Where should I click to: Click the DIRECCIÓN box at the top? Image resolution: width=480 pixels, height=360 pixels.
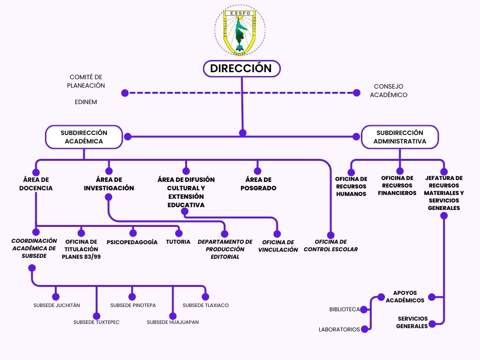[x=241, y=68]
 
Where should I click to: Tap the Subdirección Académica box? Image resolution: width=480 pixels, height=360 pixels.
[x=84, y=137]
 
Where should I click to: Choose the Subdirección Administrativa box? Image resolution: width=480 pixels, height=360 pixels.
[x=400, y=137]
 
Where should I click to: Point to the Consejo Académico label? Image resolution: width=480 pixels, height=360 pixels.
[x=389, y=90]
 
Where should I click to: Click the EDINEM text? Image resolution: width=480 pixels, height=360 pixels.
[x=86, y=102]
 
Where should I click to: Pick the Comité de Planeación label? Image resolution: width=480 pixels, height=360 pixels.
[x=86, y=81]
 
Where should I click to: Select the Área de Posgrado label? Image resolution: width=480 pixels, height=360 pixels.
[x=258, y=184]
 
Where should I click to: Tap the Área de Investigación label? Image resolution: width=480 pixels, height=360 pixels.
[x=109, y=184]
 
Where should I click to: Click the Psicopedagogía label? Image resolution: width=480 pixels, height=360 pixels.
[x=132, y=242]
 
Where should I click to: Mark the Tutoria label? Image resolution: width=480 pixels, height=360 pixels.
[x=178, y=242]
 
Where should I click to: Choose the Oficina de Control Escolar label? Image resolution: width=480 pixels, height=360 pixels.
[x=330, y=246]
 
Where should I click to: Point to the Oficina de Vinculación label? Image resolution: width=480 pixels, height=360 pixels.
[x=278, y=246]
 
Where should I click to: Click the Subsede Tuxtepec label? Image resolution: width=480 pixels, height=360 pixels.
[x=97, y=322]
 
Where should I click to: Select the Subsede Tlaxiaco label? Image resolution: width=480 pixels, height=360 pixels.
[x=206, y=305]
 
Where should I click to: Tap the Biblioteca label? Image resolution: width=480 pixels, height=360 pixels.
[x=345, y=309]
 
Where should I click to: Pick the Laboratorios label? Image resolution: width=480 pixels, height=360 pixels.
[x=339, y=330]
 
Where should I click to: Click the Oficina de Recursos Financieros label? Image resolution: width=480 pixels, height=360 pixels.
[x=397, y=186]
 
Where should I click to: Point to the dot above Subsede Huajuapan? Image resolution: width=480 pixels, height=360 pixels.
[x=172, y=316]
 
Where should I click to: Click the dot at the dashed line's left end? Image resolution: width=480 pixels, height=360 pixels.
[x=125, y=93]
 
